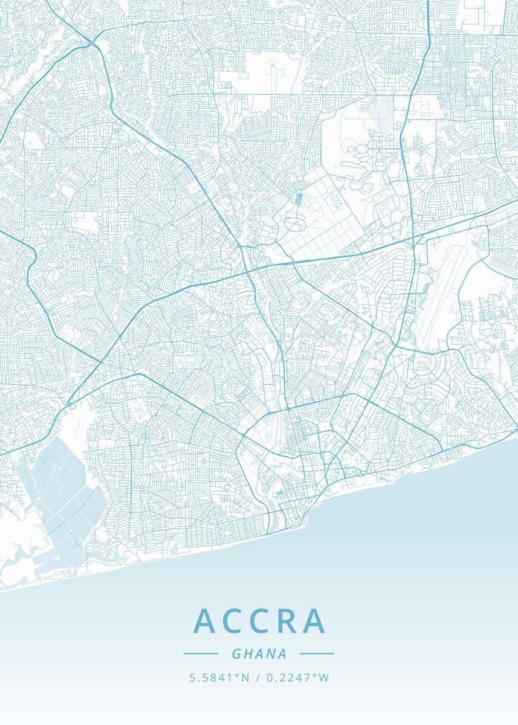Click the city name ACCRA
pyautogui.click(x=260, y=621)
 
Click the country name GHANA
pyautogui.click(x=259, y=654)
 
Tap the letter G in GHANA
pyautogui.click(x=236, y=654)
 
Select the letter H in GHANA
pyautogui.click(x=248, y=654)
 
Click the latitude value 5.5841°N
pyautogui.click(x=219, y=678)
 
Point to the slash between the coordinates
pyautogui.click(x=258, y=678)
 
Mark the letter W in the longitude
pyautogui.click(x=325, y=678)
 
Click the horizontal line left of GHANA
pyautogui.click(x=201, y=653)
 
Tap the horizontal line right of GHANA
pyautogui.click(x=317, y=653)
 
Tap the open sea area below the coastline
pyautogui.click(x=393, y=532)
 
